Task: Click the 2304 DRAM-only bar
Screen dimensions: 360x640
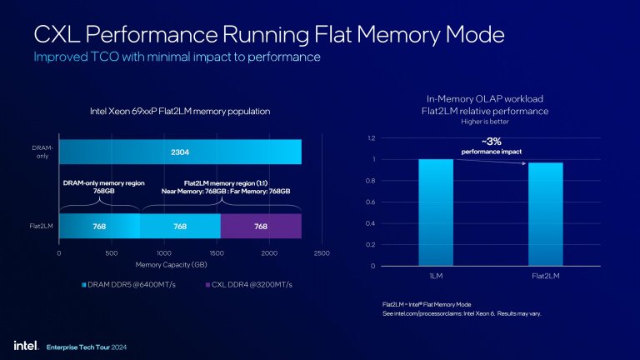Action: coord(180,152)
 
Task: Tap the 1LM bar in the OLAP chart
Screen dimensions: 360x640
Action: coord(436,212)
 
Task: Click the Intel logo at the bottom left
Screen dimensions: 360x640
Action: coord(22,344)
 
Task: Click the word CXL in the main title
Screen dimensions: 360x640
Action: coord(61,35)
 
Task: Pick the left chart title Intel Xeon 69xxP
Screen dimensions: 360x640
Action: coord(180,111)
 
